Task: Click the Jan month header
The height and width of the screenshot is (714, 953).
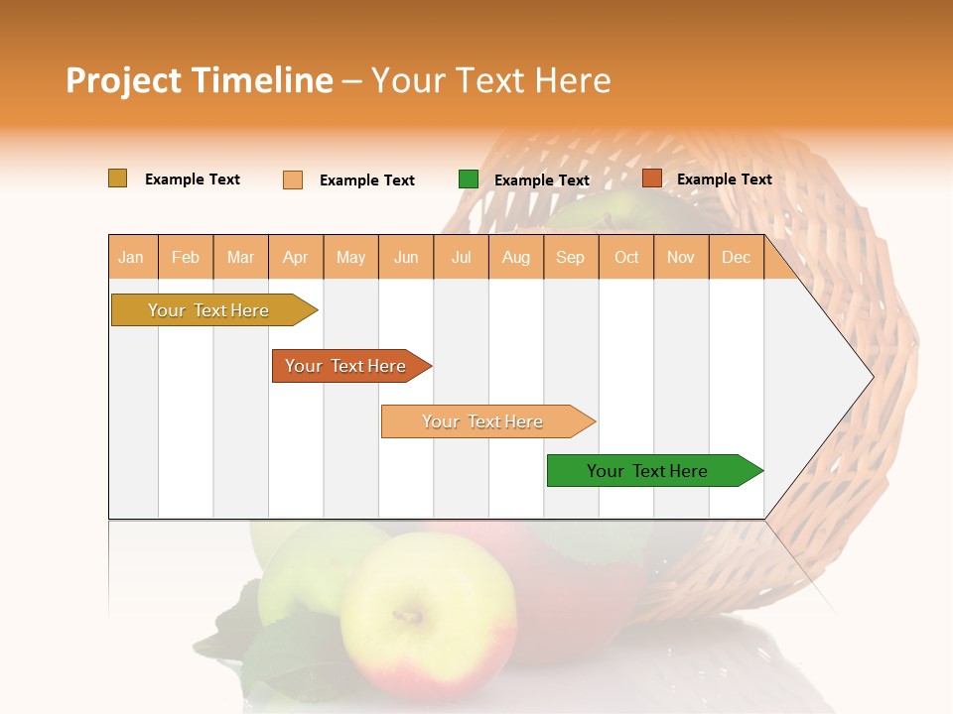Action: [131, 258]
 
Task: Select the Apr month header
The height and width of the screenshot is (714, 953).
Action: [296, 258]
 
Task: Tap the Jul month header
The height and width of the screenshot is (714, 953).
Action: [461, 258]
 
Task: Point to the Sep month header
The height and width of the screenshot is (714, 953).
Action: [570, 258]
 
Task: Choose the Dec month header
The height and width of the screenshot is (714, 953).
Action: [736, 258]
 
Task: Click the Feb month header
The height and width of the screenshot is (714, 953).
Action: [186, 258]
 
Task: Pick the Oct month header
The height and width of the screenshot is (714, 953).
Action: [626, 258]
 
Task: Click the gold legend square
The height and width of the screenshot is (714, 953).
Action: [117, 178]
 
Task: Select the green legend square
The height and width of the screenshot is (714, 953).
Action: [469, 179]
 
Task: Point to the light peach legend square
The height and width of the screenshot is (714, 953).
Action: [293, 179]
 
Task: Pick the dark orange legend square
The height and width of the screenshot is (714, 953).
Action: [651, 178]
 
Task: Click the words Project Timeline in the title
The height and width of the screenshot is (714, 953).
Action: [200, 80]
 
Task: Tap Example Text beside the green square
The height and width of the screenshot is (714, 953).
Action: [541, 180]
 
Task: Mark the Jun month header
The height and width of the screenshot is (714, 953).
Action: [406, 258]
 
